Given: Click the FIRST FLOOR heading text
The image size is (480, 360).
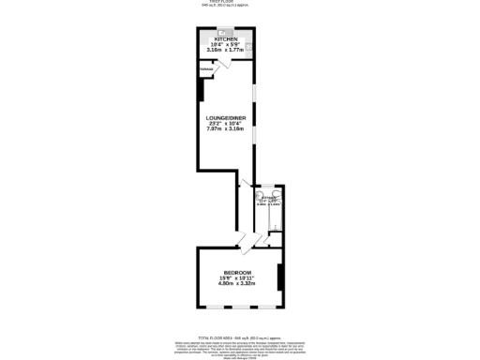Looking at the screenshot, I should (x=239, y=2).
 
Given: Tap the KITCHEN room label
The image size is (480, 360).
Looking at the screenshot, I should (x=226, y=38).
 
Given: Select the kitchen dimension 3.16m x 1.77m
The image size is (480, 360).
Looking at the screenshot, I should (x=226, y=50).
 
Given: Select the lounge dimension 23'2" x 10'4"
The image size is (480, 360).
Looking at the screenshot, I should (x=225, y=125).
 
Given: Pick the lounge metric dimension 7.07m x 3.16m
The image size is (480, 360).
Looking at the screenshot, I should (x=225, y=130).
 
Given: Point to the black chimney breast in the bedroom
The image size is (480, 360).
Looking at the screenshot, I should (x=280, y=277).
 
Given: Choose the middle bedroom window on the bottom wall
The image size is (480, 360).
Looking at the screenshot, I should (x=239, y=307).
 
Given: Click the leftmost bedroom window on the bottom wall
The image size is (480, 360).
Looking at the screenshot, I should (x=213, y=307).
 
